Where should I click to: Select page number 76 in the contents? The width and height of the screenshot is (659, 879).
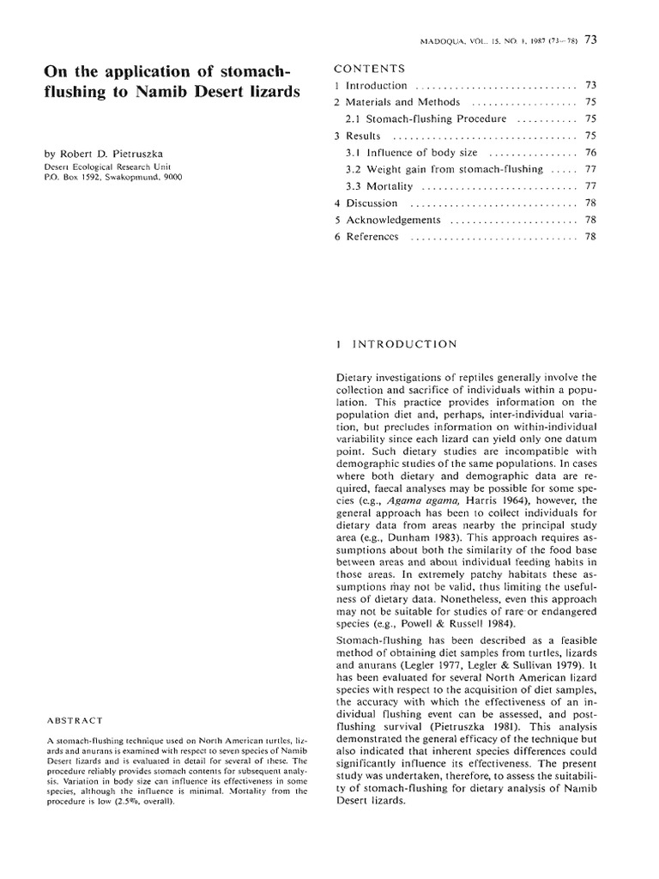[589, 153]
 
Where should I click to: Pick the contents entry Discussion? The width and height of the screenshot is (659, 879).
[372, 203]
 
